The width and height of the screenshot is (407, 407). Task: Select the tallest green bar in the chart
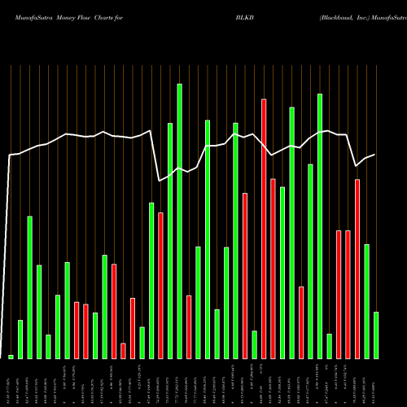pos(179,221)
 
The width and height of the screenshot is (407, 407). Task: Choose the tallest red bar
pos(264,229)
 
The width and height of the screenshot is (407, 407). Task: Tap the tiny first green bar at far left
pos(11,357)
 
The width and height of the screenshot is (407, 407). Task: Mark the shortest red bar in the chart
pos(123,351)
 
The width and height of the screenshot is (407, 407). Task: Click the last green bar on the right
pos(375,335)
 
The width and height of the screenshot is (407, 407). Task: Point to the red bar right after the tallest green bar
pos(189,326)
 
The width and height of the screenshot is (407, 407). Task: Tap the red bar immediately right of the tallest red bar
pos(273,269)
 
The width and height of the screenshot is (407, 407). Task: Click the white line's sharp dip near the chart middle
pos(160,181)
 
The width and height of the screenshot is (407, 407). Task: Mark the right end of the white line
pos(374,155)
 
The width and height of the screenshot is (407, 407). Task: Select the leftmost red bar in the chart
pos(77,330)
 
